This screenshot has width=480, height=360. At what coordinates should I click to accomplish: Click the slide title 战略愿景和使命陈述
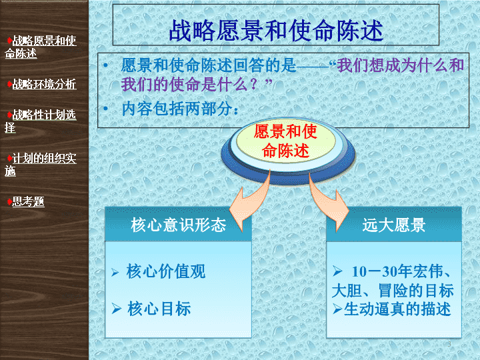276,30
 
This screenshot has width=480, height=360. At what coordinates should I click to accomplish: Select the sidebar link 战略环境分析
44,84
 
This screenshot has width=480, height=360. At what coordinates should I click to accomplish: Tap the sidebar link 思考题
28,202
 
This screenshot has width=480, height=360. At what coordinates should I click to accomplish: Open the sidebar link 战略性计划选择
41,121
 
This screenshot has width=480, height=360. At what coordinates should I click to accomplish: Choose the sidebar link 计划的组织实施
41,165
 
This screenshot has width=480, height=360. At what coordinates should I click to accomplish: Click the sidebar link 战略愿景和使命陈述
41,47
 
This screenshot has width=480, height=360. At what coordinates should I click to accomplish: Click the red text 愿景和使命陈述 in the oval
285,141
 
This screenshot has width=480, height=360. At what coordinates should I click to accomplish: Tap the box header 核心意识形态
179,225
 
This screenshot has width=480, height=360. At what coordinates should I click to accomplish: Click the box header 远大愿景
394,225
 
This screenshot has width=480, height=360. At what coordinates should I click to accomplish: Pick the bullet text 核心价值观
165,271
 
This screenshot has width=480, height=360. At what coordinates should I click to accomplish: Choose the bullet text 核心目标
159,308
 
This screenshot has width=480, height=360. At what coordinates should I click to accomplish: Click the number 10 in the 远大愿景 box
359,271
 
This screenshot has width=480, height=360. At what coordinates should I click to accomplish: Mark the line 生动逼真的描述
397,309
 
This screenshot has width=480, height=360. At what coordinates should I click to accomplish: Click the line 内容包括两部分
180,109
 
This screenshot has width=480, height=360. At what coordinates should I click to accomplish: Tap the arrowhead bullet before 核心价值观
115,272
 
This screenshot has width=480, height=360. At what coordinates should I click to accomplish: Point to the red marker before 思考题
10,202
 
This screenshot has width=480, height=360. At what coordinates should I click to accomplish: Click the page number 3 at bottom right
449,344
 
